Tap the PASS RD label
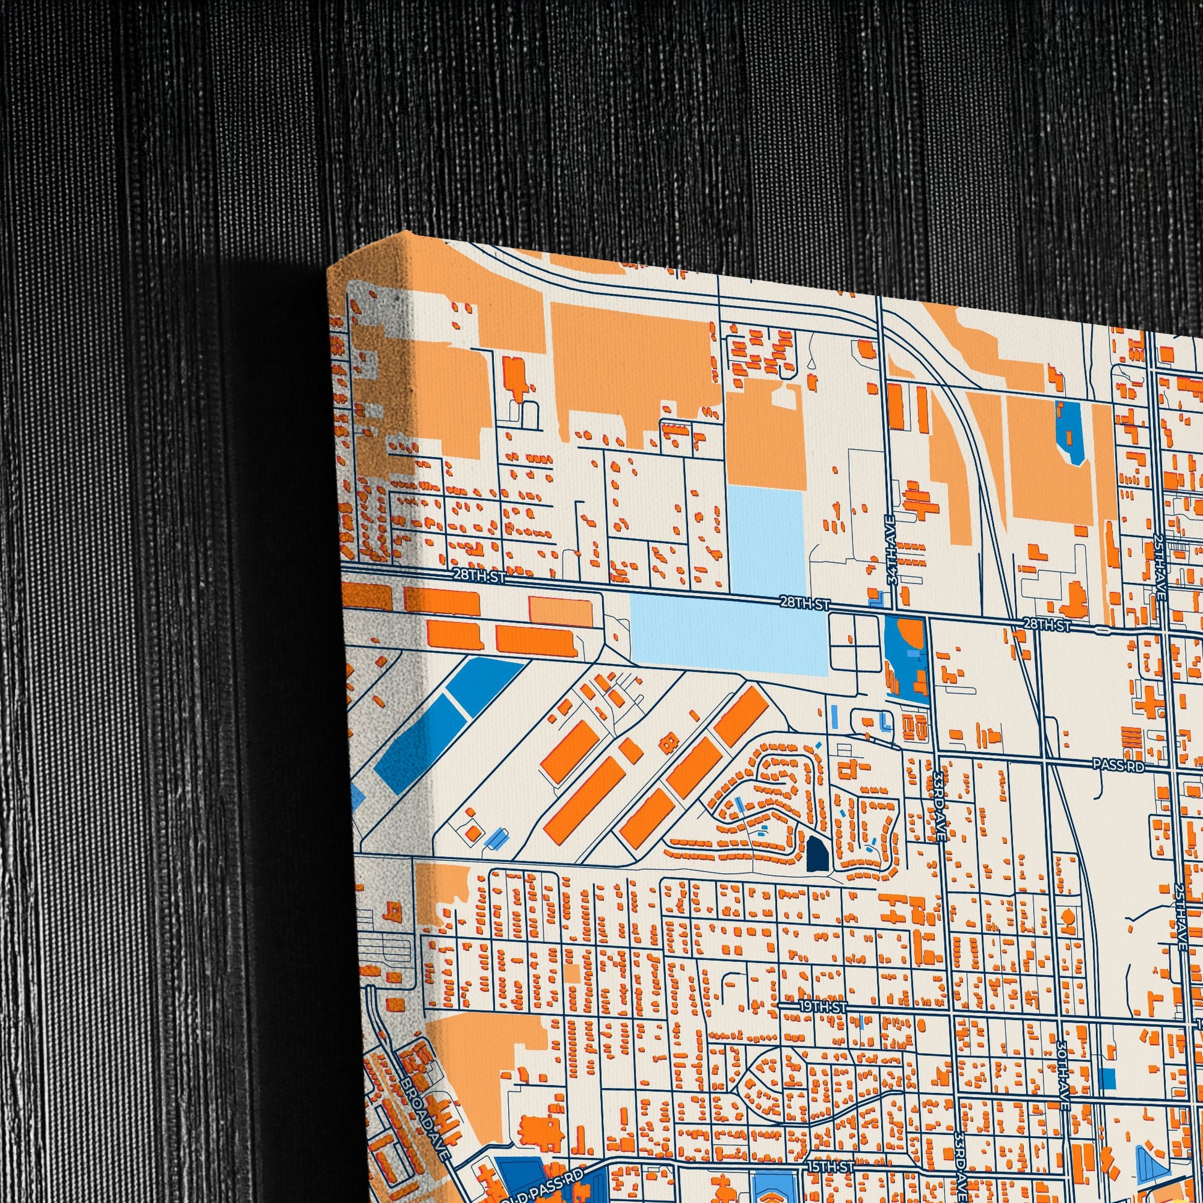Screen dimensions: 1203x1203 point(1118,766)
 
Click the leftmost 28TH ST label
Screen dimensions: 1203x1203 point(479,576)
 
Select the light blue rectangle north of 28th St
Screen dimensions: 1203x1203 point(766,538)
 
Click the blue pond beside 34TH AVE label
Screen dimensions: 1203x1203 point(906,656)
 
